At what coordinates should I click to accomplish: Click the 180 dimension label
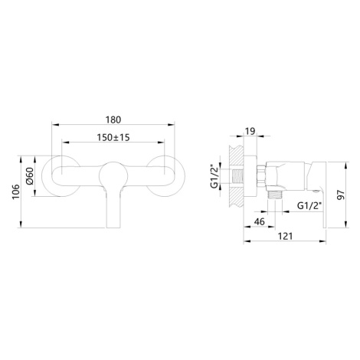113,119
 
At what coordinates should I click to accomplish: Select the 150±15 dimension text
113,137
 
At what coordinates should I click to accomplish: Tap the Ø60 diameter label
30,176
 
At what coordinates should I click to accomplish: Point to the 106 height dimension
16,191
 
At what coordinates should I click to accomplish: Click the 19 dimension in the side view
250,131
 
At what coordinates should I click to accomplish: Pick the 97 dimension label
341,195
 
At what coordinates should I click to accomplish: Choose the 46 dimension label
260,221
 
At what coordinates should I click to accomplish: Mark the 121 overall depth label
285,236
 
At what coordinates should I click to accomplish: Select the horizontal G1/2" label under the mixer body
309,205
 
